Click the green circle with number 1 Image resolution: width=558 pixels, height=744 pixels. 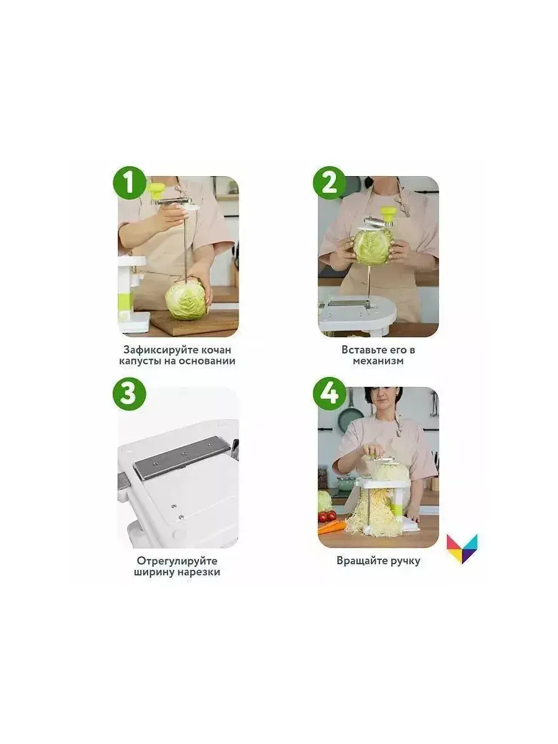tap(130, 183)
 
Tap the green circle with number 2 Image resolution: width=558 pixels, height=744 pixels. tap(329, 183)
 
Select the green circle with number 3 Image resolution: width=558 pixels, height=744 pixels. tap(130, 394)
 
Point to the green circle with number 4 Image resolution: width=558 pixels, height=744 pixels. tap(329, 394)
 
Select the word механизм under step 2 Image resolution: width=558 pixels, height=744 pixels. tap(378, 361)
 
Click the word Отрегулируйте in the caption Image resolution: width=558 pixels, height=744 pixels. tap(177, 561)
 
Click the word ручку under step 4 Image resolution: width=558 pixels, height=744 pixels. tap(405, 561)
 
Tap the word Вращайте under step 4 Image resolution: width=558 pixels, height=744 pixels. tap(362, 561)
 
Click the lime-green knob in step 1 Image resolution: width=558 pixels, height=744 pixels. tap(156, 190)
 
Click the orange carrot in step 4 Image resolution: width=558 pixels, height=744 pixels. tap(332, 528)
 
